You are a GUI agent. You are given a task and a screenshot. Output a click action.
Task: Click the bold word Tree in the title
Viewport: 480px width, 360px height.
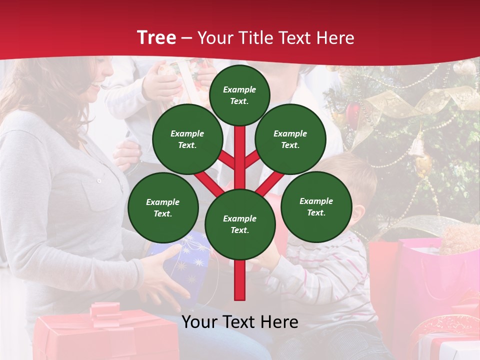tap(156, 38)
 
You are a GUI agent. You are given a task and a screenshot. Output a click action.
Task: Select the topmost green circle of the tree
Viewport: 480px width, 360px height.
tap(239, 95)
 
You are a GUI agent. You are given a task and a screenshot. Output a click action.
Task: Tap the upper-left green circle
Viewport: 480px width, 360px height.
tap(187, 139)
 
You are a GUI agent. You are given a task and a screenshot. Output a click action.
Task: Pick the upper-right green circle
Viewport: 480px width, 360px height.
tap(290, 139)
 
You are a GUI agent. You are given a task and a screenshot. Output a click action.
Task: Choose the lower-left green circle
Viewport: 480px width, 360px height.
tap(163, 207)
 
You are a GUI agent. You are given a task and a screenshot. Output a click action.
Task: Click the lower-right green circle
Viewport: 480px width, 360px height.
tap(316, 206)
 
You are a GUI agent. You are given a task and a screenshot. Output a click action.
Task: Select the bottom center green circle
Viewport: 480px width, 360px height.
tap(240, 224)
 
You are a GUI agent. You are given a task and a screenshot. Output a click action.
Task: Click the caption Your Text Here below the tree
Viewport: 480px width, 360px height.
tap(240, 322)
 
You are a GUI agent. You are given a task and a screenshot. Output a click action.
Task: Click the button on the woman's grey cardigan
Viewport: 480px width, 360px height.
tap(99, 180)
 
